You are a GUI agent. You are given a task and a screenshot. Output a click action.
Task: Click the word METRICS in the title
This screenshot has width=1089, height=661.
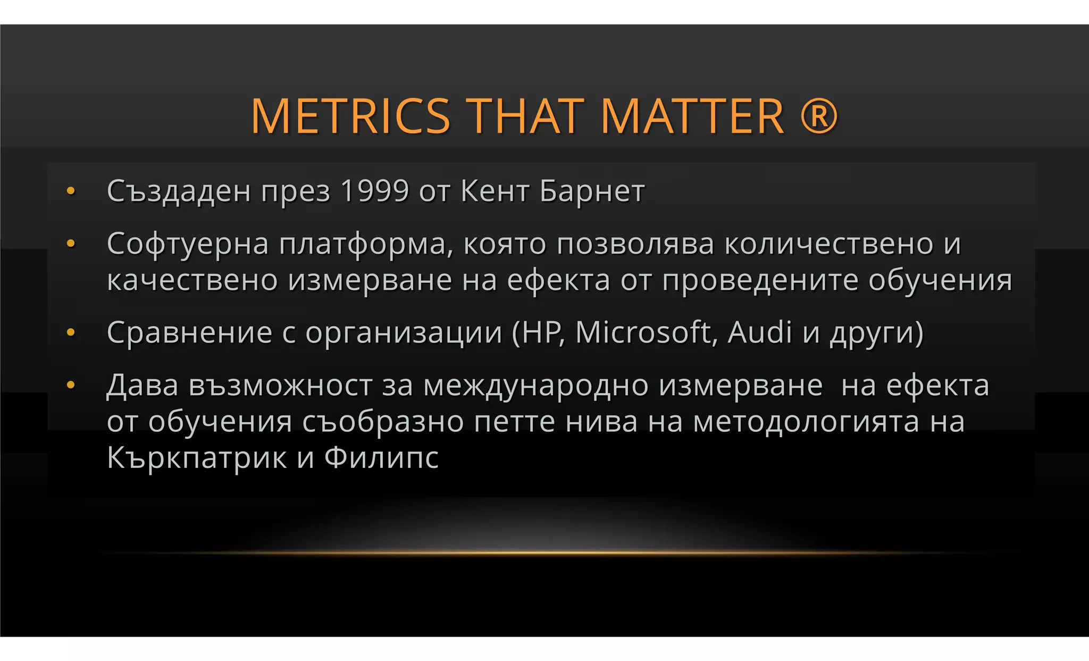(350, 116)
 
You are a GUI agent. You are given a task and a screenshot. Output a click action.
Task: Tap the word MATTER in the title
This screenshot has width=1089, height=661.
(692, 116)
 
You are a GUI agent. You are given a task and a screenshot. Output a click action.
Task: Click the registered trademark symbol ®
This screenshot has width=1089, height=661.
(819, 116)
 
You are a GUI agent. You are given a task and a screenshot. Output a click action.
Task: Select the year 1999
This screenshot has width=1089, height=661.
(374, 191)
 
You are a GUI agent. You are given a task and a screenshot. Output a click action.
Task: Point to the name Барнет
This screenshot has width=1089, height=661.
(592, 191)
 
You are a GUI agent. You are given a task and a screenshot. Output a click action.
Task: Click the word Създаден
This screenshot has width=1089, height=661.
(179, 191)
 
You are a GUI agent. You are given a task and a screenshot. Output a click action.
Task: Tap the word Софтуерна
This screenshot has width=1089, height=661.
(188, 244)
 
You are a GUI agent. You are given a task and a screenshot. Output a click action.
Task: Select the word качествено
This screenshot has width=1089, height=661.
(192, 280)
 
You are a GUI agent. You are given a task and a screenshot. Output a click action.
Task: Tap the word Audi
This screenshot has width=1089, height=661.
(760, 332)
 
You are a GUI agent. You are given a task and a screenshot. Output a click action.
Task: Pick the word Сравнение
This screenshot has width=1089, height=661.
(189, 333)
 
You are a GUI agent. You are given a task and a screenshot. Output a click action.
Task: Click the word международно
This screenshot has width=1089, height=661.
(535, 386)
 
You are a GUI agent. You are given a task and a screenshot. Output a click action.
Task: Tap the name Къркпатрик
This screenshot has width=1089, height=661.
(196, 458)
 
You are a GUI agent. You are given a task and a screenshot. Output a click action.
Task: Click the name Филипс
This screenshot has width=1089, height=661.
(381, 458)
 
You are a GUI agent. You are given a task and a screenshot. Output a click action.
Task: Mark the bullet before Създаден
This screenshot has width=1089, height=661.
(71, 191)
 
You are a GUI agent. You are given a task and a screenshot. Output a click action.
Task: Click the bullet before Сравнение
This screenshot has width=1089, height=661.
(71, 333)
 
